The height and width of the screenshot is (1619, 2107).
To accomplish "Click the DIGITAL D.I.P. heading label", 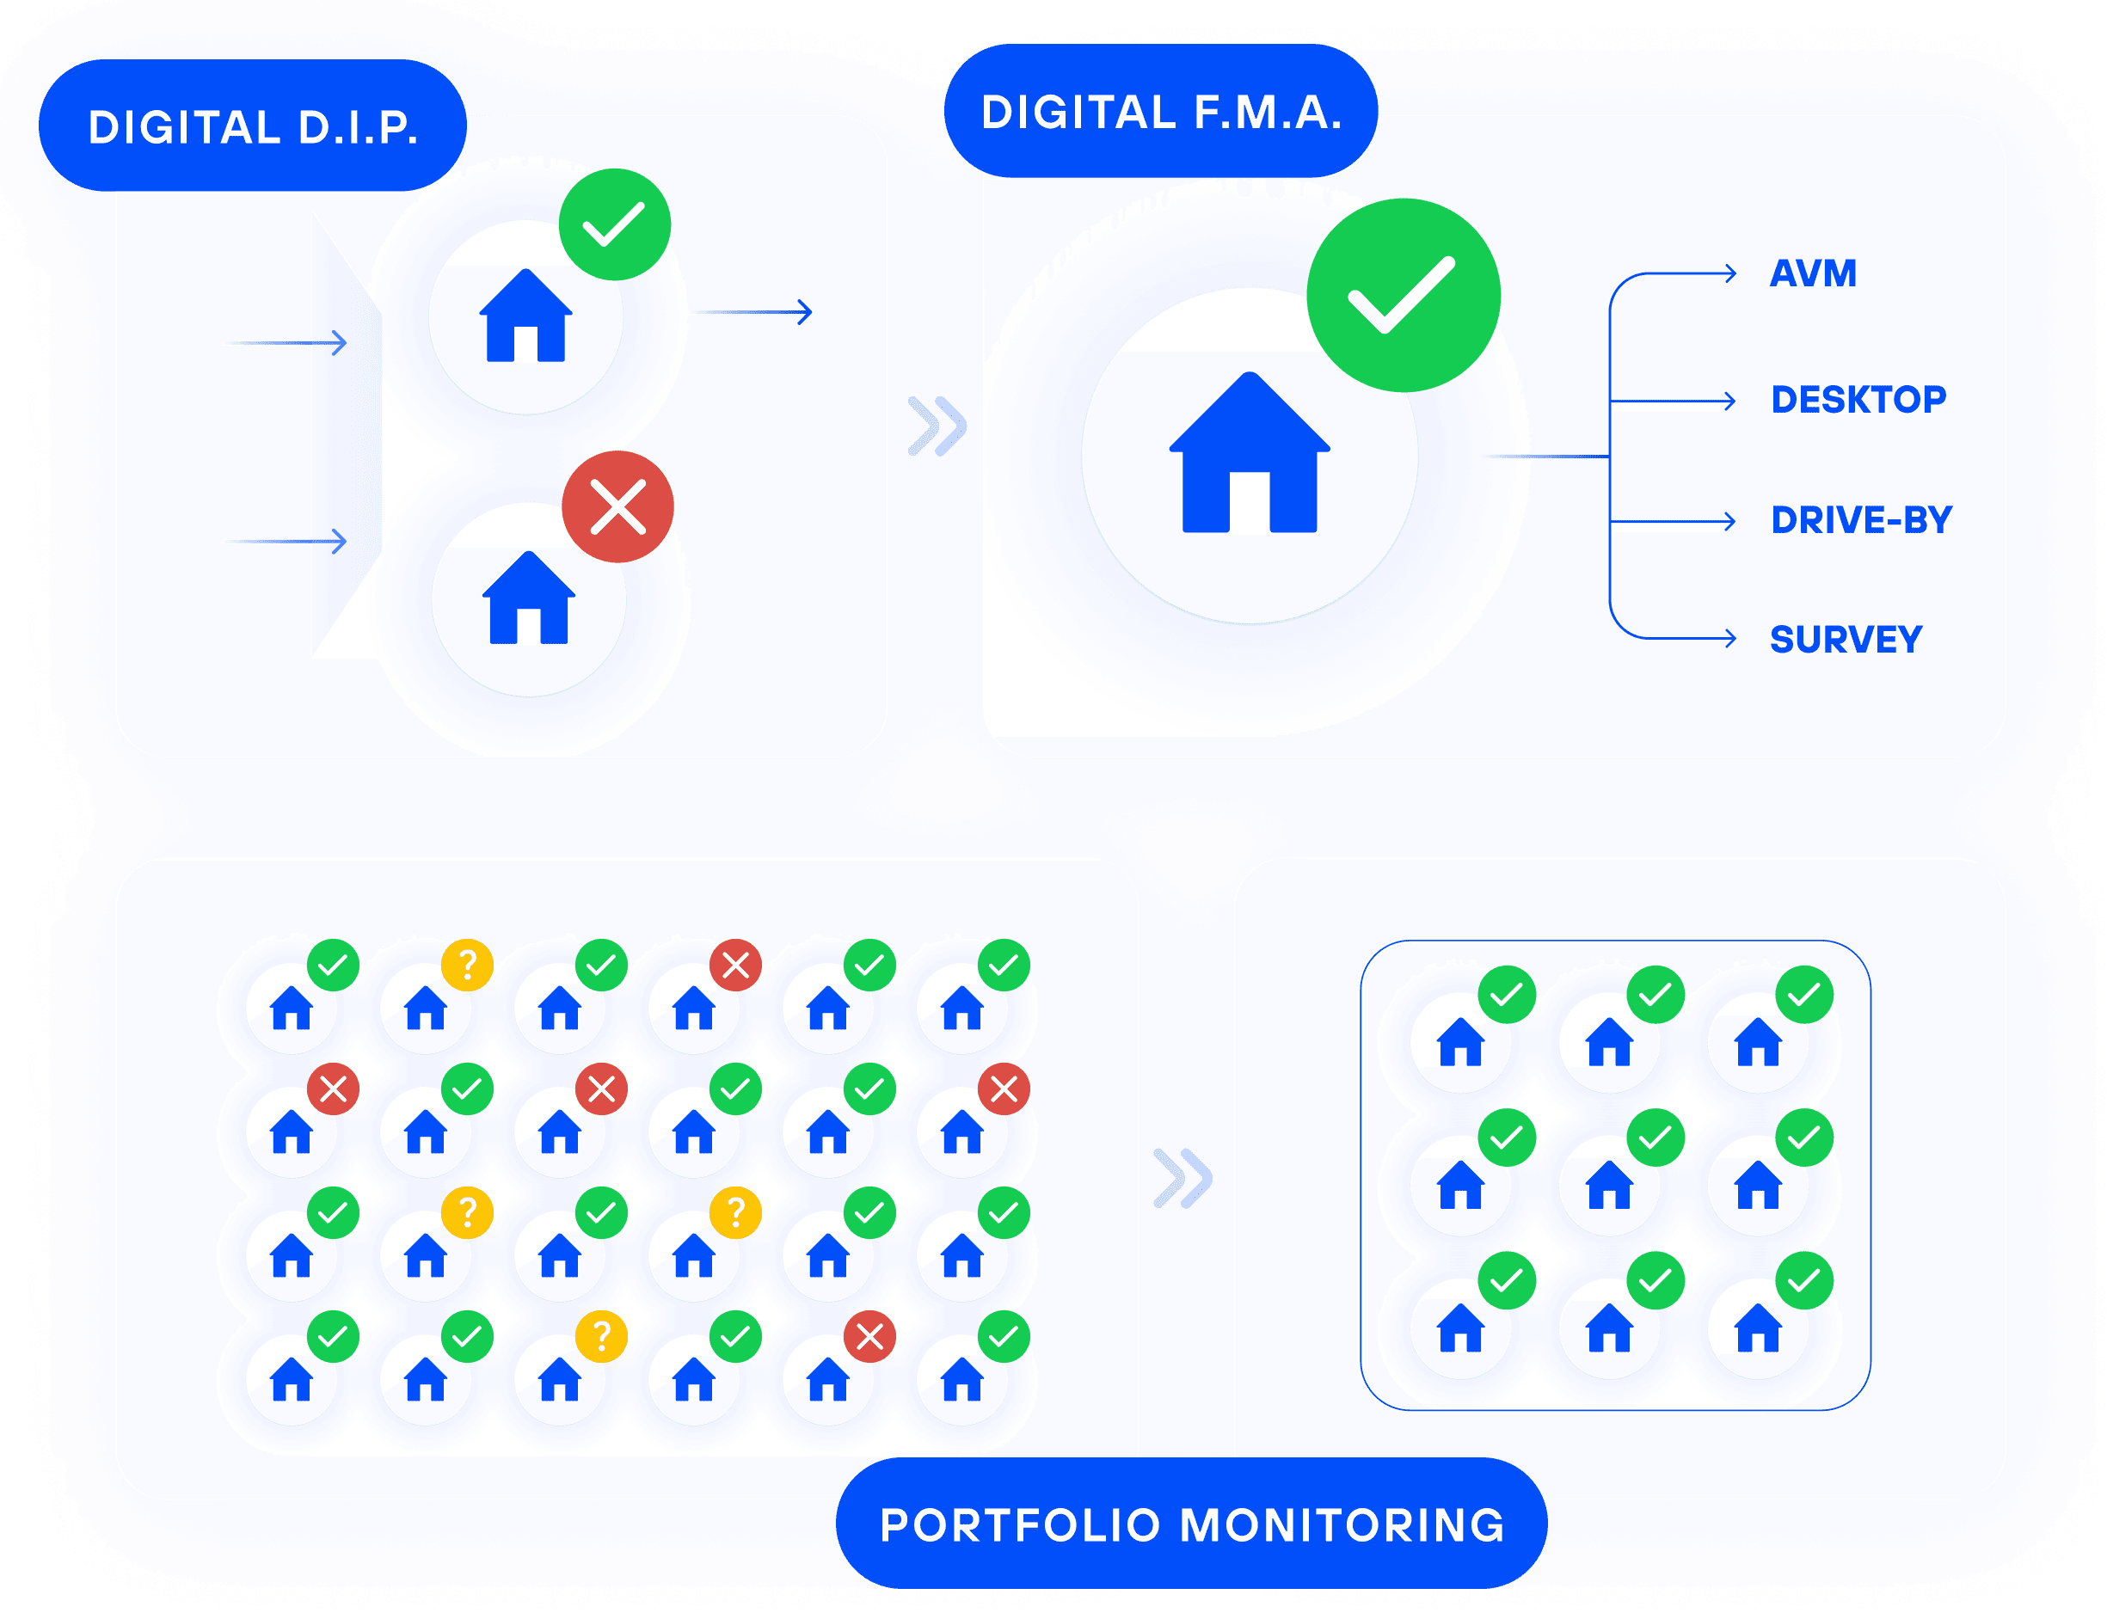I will (x=253, y=127).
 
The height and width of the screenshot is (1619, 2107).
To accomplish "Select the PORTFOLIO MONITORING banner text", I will (x=1192, y=1525).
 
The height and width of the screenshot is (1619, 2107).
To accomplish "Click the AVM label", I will (x=1813, y=273).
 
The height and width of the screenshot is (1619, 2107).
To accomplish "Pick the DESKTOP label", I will (x=1858, y=400).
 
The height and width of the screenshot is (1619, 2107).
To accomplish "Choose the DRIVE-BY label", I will (x=1861, y=520).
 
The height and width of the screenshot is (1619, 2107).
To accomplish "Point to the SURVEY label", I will (x=1846, y=640).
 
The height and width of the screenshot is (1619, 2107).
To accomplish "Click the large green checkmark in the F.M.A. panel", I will (x=1404, y=295).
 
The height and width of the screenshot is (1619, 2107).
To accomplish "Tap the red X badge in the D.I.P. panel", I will (x=617, y=507).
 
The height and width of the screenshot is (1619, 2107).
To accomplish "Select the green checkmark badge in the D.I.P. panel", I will (x=615, y=224).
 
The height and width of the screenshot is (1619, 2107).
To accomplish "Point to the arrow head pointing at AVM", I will (x=1731, y=273).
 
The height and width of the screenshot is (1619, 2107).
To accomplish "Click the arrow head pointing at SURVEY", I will (x=1731, y=638).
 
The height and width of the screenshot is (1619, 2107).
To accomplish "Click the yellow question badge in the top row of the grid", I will (x=468, y=965).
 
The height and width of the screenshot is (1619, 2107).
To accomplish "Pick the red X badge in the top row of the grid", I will (x=735, y=965).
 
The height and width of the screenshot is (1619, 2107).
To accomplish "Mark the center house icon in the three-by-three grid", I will (x=1610, y=1187).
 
